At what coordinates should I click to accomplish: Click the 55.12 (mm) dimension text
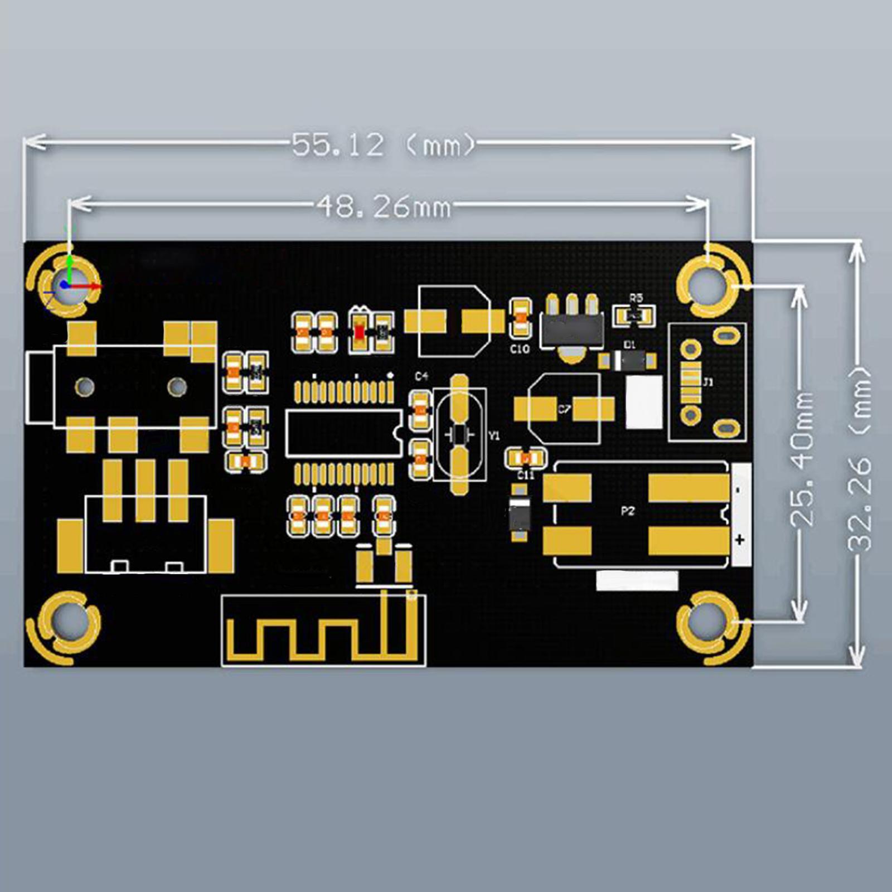(384, 145)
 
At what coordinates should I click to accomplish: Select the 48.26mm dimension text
(384, 207)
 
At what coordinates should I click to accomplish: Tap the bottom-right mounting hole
(706, 623)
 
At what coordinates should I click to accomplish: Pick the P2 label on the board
(628, 511)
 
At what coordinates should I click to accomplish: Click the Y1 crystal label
(494, 436)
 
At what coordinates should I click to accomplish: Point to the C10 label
(520, 349)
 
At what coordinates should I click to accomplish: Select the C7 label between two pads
(564, 409)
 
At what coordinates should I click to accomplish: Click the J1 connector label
(708, 382)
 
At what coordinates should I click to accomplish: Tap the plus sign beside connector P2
(740, 539)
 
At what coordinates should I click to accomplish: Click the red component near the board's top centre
(359, 332)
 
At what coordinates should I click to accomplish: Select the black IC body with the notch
(342, 433)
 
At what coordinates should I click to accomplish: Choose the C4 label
(421, 376)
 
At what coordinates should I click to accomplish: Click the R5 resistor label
(636, 298)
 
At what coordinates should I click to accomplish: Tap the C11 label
(525, 475)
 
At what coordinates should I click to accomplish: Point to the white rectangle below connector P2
(637, 580)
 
